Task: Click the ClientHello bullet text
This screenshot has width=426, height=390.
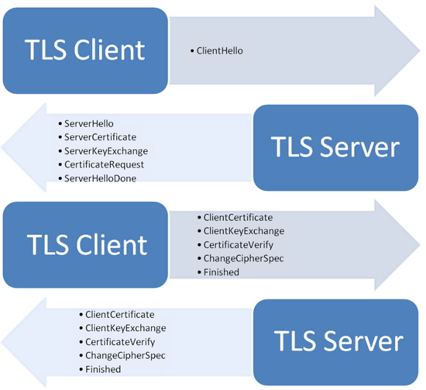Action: (220, 51)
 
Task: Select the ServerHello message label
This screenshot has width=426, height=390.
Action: (89, 124)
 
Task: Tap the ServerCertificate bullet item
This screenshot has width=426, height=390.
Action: (100, 137)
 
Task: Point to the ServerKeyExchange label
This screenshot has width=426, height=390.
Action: (106, 151)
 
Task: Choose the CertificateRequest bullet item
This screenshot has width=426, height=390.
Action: (104, 165)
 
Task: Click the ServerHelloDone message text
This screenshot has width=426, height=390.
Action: (100, 178)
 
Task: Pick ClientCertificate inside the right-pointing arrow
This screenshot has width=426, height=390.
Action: (238, 217)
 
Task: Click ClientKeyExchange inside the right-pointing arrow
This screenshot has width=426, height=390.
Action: (244, 231)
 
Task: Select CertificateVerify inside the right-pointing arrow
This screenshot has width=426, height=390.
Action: (239, 245)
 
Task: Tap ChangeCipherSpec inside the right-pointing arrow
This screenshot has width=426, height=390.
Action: (244, 259)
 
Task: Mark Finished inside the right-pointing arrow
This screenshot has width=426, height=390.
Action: (221, 272)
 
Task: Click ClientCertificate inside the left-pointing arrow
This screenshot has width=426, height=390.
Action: (120, 315)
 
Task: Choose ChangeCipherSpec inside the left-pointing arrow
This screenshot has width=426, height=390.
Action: (126, 355)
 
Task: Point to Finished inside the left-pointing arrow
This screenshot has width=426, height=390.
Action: (103, 369)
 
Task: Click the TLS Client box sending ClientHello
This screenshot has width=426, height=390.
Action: (85, 51)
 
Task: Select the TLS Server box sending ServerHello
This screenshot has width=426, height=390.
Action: (336, 148)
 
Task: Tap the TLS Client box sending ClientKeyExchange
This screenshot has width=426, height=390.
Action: (85, 245)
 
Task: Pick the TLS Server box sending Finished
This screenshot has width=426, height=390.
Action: (336, 342)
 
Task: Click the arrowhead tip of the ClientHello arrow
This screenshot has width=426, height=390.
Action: (420, 51)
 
